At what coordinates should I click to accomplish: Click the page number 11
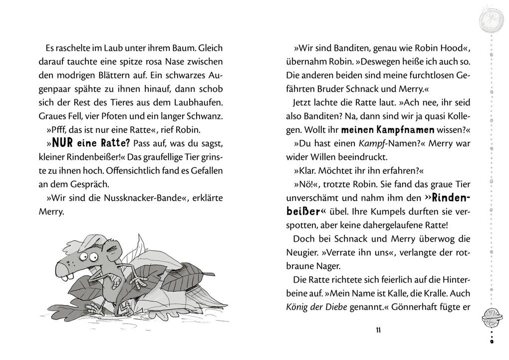pos(378,330)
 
